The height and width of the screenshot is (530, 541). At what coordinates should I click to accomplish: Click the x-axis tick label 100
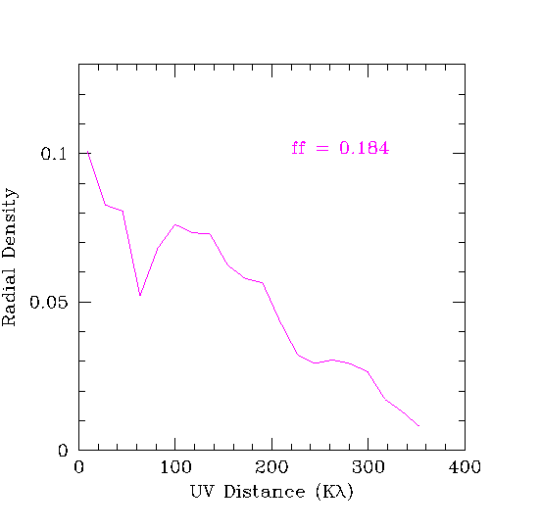tap(176, 467)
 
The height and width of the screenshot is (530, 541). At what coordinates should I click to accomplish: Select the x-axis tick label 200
tap(271, 467)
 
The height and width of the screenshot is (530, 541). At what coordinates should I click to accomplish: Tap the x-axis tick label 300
tap(369, 467)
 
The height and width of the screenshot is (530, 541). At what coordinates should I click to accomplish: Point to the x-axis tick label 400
tap(465, 467)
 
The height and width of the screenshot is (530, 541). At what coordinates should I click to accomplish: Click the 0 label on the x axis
tap(79, 467)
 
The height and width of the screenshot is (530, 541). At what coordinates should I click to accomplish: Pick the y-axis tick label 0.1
tap(54, 154)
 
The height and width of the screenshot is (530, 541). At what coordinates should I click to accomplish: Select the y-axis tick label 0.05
tap(49, 303)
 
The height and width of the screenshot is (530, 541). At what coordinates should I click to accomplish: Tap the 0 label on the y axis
tap(63, 451)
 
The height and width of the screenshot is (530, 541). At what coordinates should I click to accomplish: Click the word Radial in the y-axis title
tap(9, 297)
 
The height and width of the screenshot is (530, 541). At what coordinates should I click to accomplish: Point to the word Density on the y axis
tap(10, 223)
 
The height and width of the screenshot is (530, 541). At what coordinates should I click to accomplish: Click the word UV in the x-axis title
tap(202, 492)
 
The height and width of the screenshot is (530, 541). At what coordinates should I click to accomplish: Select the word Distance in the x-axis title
tap(265, 492)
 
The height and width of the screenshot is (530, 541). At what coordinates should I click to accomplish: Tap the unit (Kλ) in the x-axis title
tap(334, 492)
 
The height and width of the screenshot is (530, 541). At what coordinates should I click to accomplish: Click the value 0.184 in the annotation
tap(365, 148)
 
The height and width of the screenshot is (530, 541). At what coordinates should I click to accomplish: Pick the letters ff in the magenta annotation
tap(299, 148)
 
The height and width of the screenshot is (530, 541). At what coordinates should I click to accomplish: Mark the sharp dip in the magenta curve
tap(140, 295)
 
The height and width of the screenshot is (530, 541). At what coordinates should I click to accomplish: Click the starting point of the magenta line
tap(88, 152)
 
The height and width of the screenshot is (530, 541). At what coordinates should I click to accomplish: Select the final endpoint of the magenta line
tap(418, 426)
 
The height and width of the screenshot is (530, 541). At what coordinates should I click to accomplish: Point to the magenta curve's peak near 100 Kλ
tap(175, 224)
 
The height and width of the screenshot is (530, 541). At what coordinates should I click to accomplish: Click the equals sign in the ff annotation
tap(322, 149)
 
